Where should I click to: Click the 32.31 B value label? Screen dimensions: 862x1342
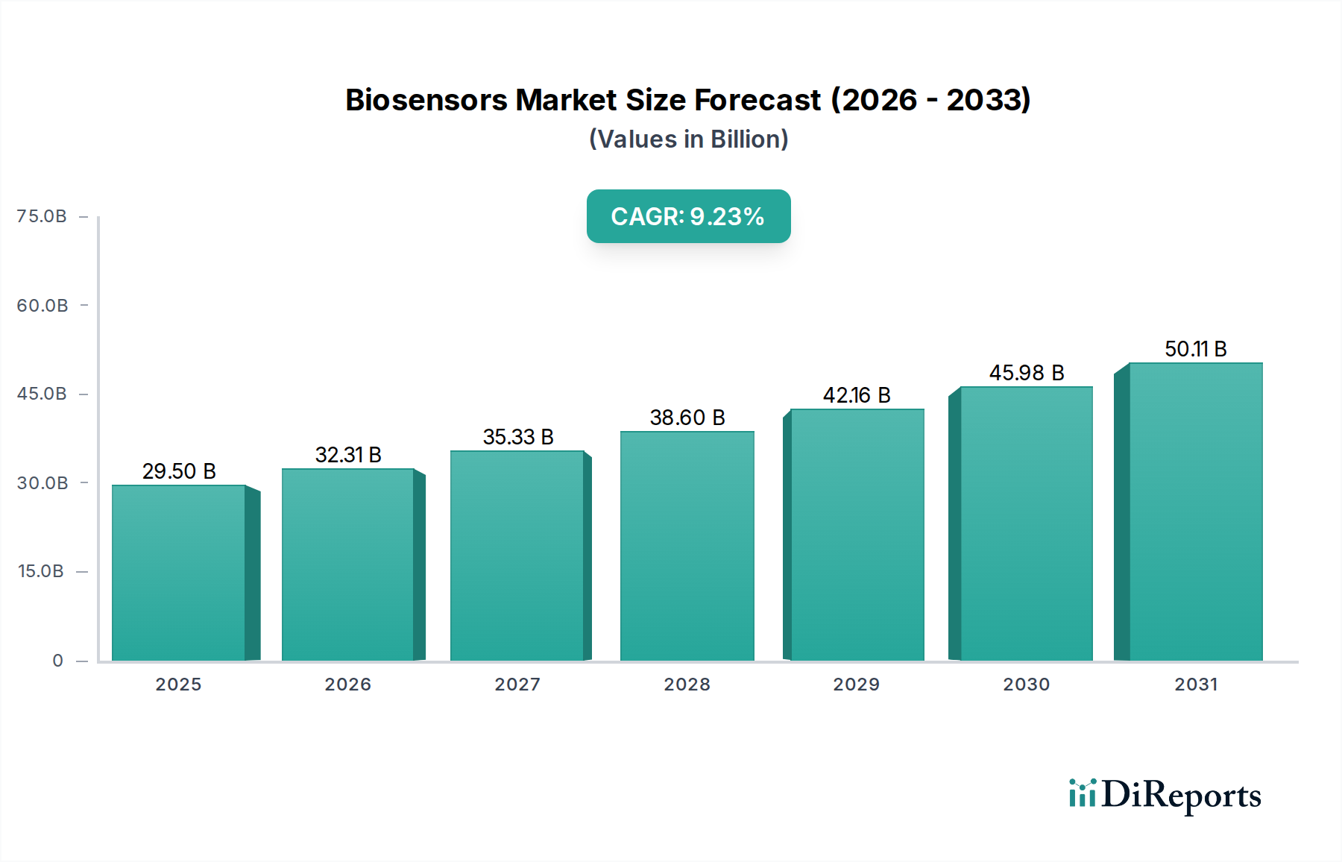(348, 455)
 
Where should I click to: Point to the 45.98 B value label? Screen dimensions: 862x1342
(1027, 373)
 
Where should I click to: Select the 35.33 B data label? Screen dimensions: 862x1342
(518, 437)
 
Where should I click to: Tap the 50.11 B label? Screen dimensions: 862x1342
(1195, 349)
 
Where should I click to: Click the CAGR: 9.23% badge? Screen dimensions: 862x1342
(688, 216)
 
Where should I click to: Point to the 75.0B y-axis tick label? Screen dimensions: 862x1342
(42, 216)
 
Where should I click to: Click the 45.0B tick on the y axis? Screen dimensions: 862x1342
(42, 394)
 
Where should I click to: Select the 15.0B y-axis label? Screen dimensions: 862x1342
(41, 571)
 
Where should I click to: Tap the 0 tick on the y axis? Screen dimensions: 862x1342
(57, 661)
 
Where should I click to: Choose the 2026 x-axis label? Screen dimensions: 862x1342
(347, 685)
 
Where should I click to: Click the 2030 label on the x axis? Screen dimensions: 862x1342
(1026, 685)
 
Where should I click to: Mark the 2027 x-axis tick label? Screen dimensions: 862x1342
(517, 685)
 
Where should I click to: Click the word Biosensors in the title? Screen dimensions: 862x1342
(426, 100)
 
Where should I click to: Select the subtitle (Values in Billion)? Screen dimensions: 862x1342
(688, 139)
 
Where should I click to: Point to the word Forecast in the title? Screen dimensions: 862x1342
(757, 100)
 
